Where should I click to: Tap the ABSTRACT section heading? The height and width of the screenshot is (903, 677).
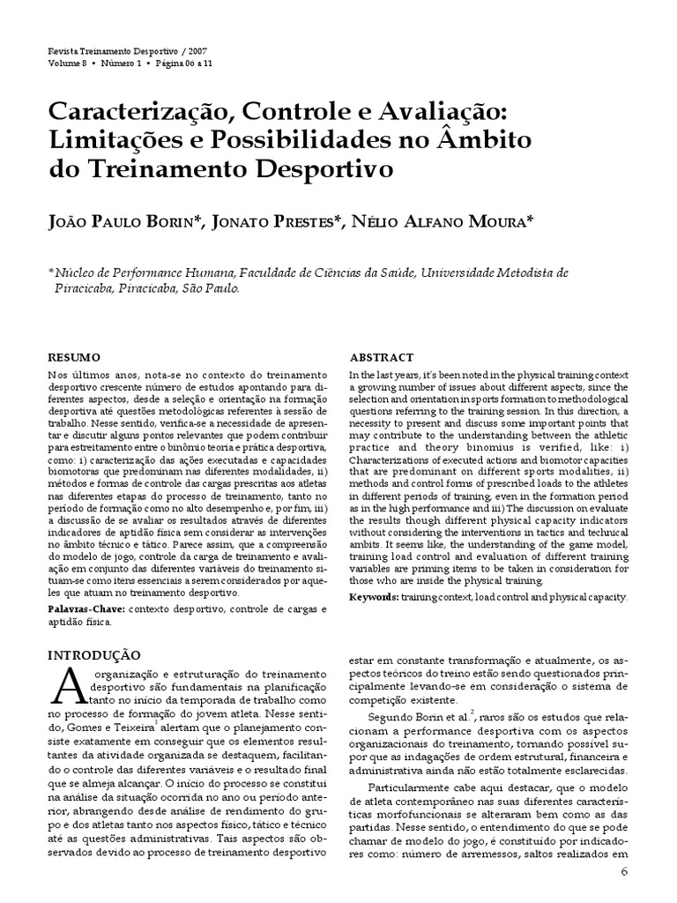[382, 357]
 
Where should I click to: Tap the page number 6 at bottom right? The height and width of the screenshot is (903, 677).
[625, 874]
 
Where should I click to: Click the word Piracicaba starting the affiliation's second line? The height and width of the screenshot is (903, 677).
[87, 288]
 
